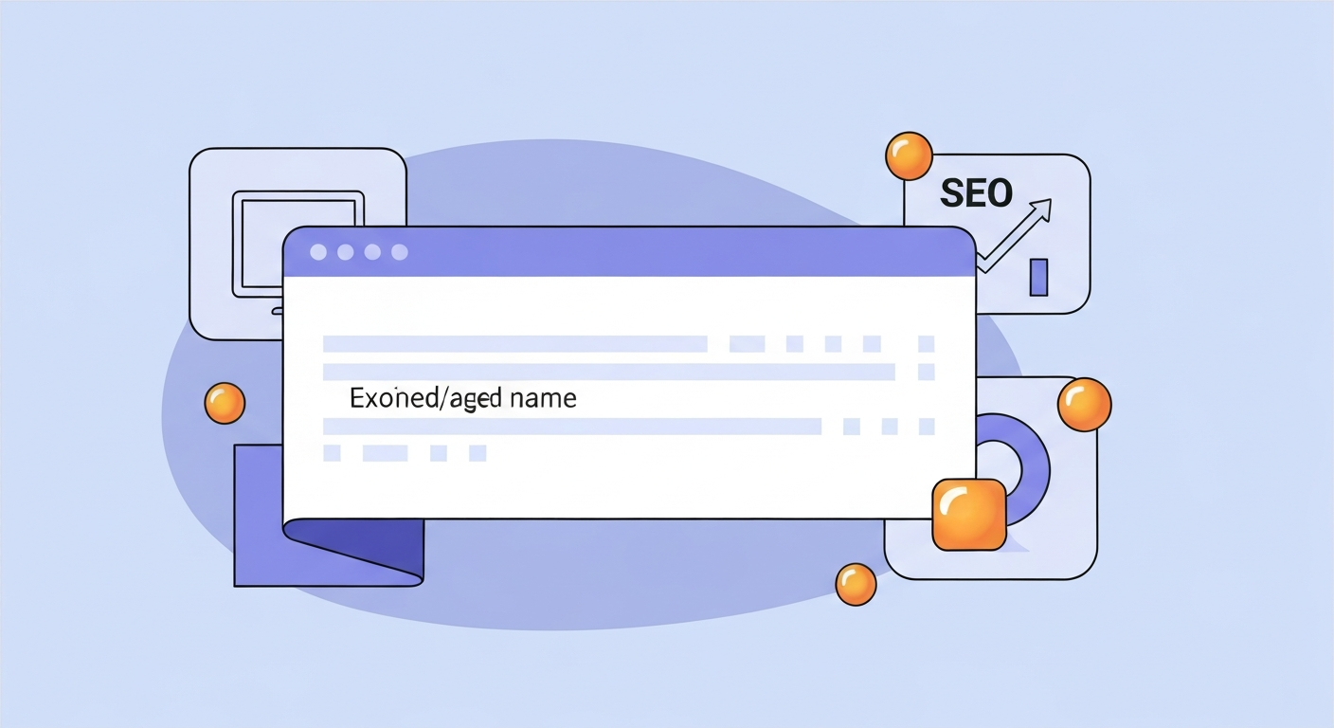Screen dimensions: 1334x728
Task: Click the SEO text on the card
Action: point(976,193)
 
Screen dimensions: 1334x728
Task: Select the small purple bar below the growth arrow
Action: point(1038,277)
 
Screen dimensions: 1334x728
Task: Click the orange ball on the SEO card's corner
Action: point(909,156)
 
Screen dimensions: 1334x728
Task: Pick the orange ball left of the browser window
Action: point(225,403)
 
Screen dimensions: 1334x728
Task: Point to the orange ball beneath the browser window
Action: point(856,585)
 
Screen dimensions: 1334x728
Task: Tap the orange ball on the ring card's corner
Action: point(1084,405)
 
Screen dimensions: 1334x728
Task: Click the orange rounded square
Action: point(969,515)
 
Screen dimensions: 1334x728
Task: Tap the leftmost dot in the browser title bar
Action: point(318,252)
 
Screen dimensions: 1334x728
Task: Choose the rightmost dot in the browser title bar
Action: point(400,252)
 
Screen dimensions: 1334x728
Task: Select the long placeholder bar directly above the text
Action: point(608,372)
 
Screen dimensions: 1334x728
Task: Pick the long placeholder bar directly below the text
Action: point(571,427)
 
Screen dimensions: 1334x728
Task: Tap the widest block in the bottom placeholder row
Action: point(385,453)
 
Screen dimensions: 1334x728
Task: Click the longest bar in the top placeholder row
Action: point(515,344)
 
